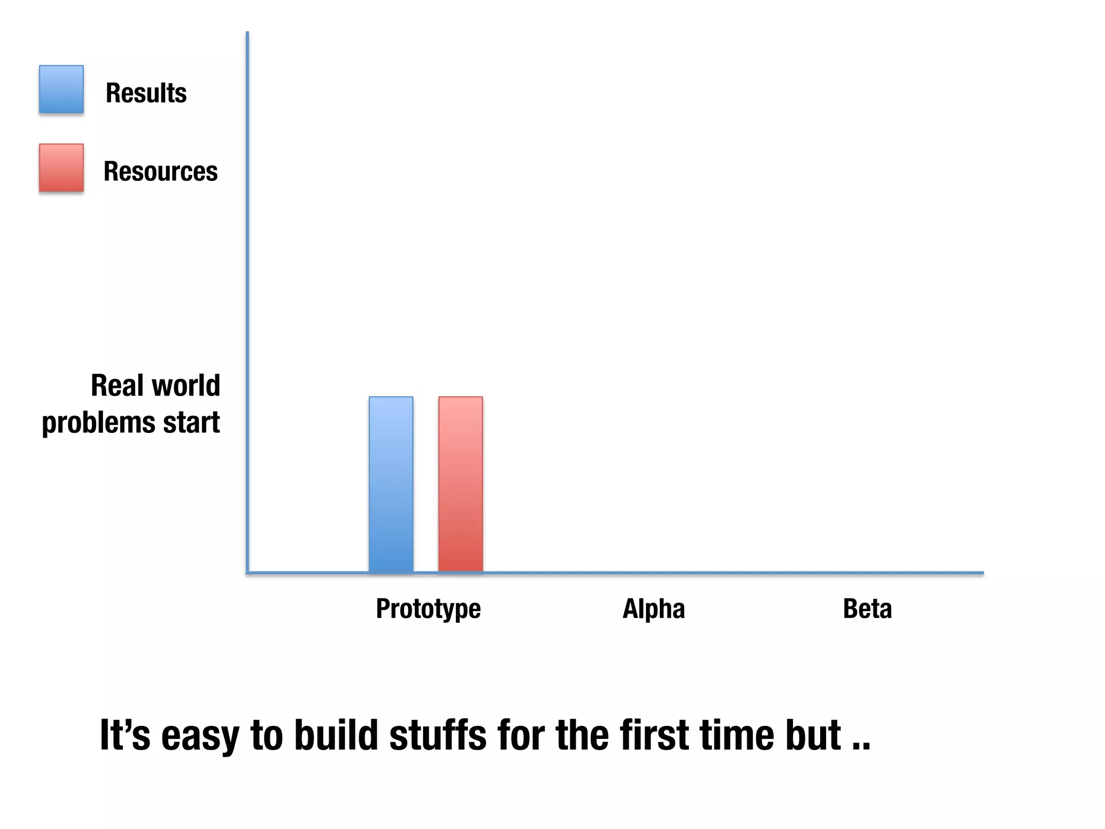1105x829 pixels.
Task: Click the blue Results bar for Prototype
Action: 391,484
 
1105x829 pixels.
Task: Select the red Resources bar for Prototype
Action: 460,484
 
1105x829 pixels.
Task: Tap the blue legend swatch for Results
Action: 61,90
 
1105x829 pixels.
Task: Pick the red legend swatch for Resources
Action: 61,168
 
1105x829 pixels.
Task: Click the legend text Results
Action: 146,93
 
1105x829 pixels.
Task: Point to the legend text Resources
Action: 160,172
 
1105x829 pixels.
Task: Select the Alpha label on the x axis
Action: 653,609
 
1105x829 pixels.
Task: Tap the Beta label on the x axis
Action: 867,609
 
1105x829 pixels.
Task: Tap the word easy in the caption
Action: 200,736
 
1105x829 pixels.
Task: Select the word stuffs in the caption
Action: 438,735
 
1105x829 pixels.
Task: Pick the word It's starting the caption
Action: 125,735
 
